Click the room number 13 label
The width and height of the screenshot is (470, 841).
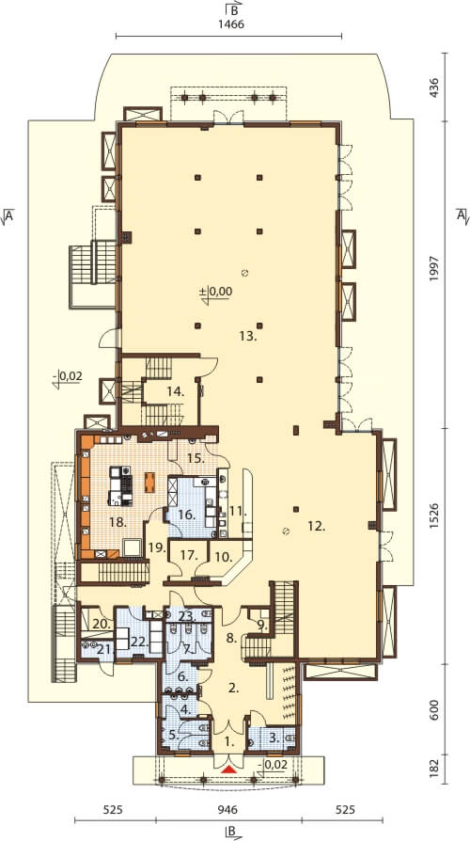[x=249, y=336]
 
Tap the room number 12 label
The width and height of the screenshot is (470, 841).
[x=317, y=527]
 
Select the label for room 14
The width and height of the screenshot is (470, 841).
[x=176, y=392]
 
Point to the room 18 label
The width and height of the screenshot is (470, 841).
[x=117, y=522]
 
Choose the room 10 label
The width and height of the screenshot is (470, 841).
[x=225, y=557]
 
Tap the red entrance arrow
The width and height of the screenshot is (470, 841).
[x=228, y=770]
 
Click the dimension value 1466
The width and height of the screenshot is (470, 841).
[x=228, y=24]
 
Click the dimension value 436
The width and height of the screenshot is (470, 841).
[x=433, y=87]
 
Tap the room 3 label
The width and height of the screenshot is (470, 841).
[x=274, y=738]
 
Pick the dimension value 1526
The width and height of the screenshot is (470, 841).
[x=433, y=517]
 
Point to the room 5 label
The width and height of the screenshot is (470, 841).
[x=173, y=735]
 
